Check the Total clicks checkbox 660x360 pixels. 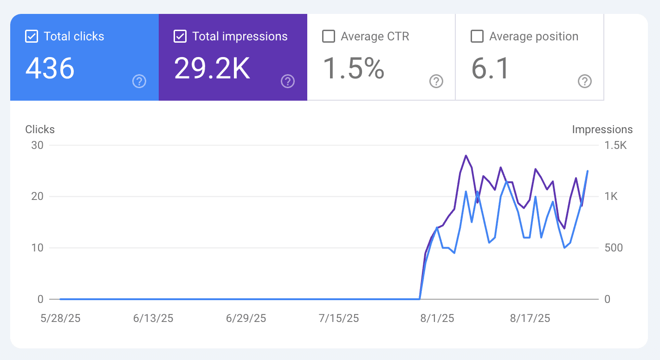[31, 37]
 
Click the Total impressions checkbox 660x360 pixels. [180, 37]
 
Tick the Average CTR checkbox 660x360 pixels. [328, 37]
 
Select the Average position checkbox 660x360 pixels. [477, 37]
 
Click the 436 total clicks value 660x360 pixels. [50, 68]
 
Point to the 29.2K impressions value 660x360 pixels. [212, 68]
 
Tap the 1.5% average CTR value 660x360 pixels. [353, 68]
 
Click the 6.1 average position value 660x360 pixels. [491, 68]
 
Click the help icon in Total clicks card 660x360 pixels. [139, 82]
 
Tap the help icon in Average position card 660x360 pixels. [584, 82]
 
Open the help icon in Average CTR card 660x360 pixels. [436, 82]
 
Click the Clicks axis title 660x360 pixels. [40, 129]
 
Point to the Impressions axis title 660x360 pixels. [602, 129]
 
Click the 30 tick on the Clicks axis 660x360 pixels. [37, 145]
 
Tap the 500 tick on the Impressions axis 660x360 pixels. [613, 248]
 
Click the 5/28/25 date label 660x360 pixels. [60, 318]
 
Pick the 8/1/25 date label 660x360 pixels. [438, 318]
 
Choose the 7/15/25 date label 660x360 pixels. [339, 318]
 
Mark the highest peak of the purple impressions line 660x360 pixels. [466, 156]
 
